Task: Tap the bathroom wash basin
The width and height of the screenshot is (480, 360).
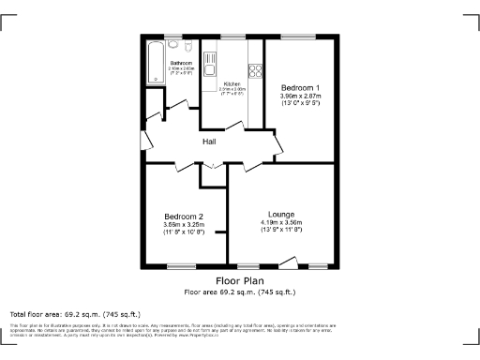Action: click(175, 47)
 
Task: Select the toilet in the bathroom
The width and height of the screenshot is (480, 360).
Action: click(188, 46)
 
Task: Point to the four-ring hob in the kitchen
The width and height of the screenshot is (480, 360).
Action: click(254, 69)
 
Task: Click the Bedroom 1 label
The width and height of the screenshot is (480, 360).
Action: click(300, 87)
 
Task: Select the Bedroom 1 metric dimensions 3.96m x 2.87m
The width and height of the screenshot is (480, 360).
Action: click(300, 96)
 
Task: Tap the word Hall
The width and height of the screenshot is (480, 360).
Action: click(212, 142)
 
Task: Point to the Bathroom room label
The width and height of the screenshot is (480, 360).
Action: click(181, 63)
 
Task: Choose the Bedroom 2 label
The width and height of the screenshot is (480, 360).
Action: click(184, 216)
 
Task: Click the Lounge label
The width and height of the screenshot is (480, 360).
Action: click(281, 213)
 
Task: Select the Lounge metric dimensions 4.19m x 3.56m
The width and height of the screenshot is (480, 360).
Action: click(281, 222)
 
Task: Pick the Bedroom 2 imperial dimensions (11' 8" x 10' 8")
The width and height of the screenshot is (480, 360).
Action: click(184, 232)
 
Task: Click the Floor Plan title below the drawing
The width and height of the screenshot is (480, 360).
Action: click(240, 280)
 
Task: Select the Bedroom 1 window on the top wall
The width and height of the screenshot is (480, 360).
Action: click(299, 37)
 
